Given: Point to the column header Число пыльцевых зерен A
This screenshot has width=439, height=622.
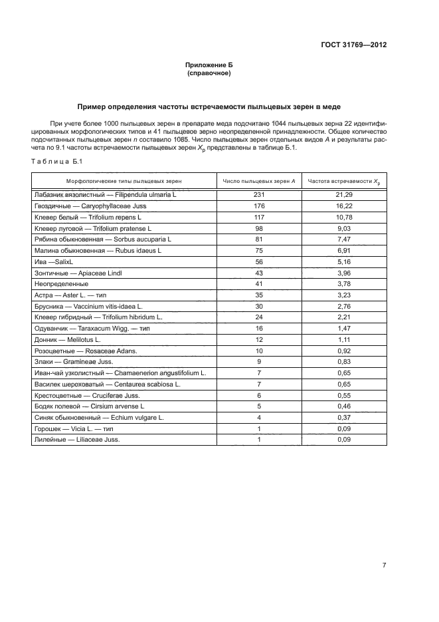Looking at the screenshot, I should pos(259,181).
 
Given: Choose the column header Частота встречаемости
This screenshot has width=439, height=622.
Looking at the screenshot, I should pos(344,181).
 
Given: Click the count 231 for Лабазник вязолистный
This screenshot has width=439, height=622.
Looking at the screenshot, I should pos(259,194).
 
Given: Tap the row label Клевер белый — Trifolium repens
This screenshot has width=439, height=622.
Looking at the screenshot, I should pos(88,218).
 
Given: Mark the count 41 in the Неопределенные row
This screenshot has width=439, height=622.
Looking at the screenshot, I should pos(259,284).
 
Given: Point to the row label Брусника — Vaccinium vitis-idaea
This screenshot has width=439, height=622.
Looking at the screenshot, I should pos(88,307).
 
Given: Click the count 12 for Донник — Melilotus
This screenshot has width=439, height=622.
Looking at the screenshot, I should pos(259,340).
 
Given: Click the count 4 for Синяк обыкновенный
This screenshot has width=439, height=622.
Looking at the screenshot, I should pos(259,417).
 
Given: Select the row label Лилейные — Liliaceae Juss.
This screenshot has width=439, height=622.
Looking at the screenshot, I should pos(78,440).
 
